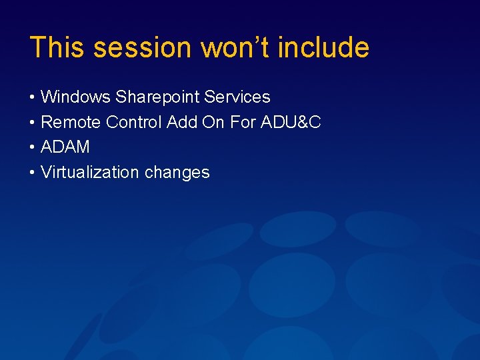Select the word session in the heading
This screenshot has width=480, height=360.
(142, 48)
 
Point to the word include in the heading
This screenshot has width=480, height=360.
(323, 48)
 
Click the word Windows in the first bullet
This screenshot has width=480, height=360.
(75, 97)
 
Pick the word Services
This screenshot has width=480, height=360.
(237, 97)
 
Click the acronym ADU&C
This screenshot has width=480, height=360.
(293, 123)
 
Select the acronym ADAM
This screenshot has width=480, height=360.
(65, 147)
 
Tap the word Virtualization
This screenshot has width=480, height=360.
(90, 173)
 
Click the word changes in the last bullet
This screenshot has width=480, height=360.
(177, 173)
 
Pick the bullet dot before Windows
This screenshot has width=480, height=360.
(33, 98)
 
